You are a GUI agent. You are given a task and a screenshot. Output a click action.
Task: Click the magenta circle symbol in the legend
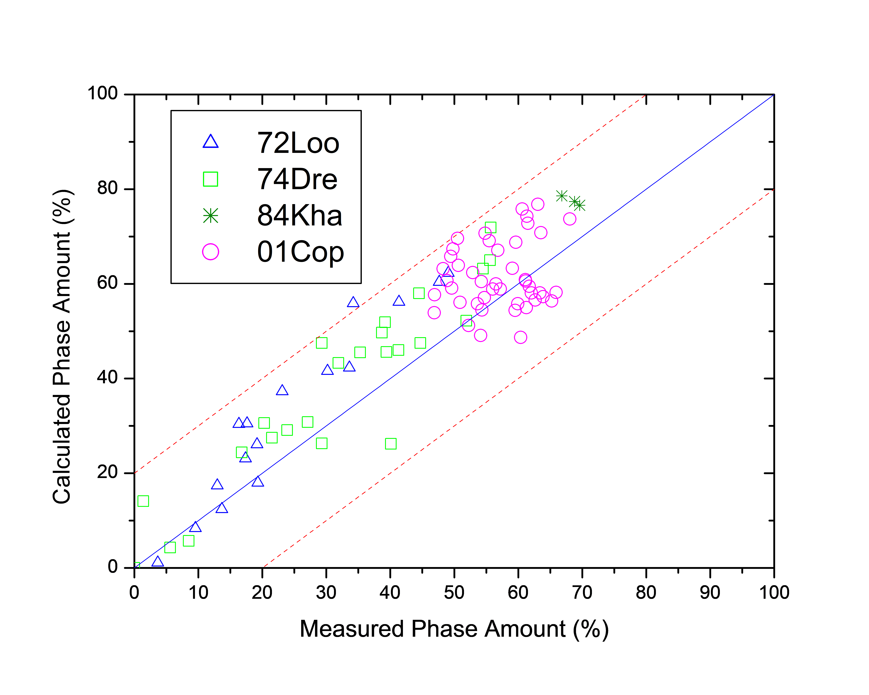coord(210,252)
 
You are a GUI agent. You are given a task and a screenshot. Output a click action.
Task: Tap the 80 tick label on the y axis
coord(107,188)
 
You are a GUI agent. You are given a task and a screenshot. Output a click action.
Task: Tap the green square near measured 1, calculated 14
coord(143,501)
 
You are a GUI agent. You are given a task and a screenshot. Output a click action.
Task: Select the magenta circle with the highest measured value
coord(570,219)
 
